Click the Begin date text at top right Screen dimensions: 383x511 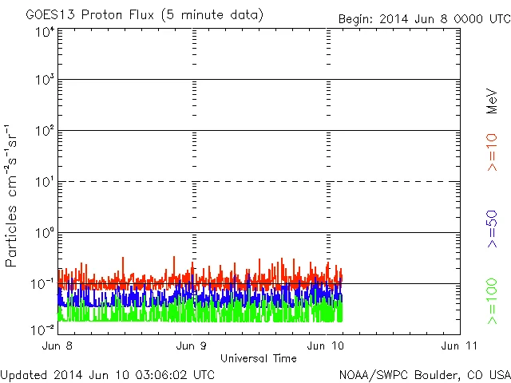coord(423,18)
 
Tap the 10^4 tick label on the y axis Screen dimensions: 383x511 coord(44,32)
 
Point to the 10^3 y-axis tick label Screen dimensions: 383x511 coord(44,80)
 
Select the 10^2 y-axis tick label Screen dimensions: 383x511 coord(44,131)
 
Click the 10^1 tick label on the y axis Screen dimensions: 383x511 coord(44,182)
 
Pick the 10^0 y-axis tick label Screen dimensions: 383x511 coord(44,233)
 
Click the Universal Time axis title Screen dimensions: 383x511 coord(258,358)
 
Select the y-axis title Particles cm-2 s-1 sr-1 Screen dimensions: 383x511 coord(12,195)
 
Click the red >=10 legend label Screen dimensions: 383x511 coord(492,152)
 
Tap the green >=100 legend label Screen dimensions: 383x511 coord(492,301)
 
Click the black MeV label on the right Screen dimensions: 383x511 coord(492,101)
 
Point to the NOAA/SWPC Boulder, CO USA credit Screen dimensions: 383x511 coord(424,374)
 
